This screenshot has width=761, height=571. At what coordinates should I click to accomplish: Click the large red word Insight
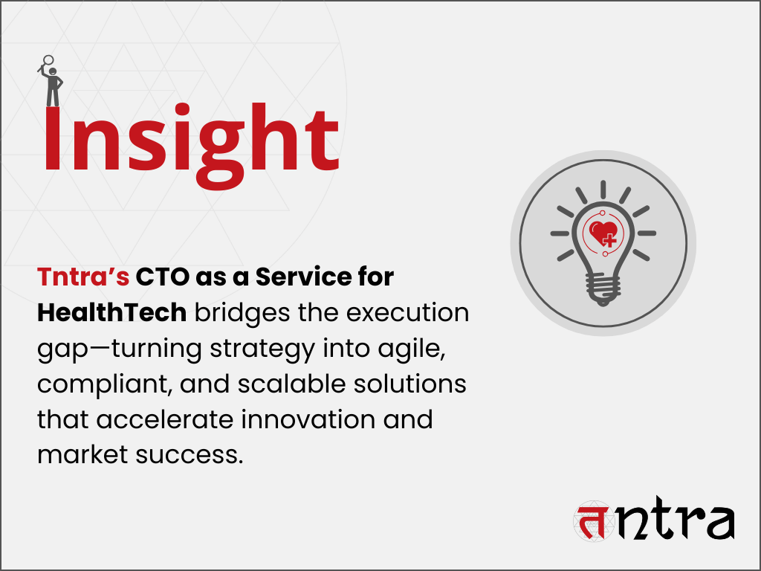(191, 145)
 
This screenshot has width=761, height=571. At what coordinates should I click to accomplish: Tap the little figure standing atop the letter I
(51, 81)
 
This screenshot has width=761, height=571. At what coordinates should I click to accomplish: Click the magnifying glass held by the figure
(46, 62)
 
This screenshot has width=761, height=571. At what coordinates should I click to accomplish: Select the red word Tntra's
(83, 277)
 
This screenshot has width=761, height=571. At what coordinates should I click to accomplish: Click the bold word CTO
(163, 277)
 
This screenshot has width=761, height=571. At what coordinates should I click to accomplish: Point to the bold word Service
(303, 277)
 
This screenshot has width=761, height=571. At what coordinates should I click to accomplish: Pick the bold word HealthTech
(112, 312)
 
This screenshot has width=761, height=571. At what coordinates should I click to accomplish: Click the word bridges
(242, 313)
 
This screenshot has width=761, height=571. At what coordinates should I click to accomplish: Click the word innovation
(308, 419)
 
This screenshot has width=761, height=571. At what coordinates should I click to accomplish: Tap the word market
(82, 455)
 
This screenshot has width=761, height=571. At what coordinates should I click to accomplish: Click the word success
(190, 456)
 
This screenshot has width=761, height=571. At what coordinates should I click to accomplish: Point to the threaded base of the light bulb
(603, 290)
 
